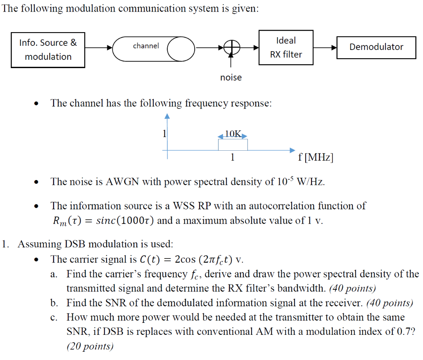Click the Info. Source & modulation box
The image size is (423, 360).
(x=48, y=50)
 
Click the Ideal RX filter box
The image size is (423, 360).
(x=286, y=47)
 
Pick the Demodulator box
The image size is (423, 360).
(x=376, y=47)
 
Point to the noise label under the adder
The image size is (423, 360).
(x=231, y=77)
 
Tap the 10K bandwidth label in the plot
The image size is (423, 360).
(x=233, y=133)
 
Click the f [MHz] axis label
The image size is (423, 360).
(x=315, y=157)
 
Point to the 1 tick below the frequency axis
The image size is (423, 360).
(x=233, y=157)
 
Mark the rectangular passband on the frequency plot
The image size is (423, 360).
(x=233, y=145)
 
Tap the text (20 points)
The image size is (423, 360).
(x=90, y=346)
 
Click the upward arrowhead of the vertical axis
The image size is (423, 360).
(x=167, y=116)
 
